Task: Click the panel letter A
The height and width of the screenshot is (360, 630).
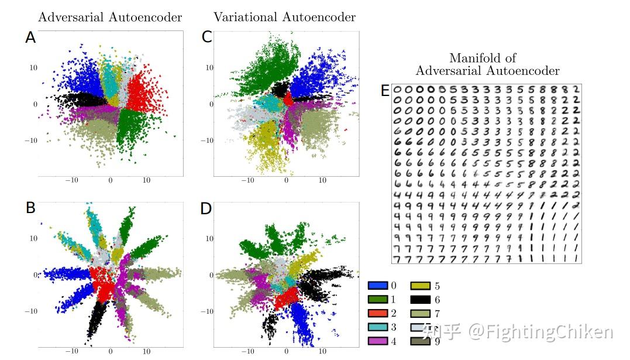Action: click(31, 38)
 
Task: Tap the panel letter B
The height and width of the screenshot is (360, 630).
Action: click(31, 208)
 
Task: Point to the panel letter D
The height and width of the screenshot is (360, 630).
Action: click(206, 208)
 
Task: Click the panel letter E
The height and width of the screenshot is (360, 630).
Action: click(385, 91)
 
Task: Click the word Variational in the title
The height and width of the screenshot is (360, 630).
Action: click(245, 17)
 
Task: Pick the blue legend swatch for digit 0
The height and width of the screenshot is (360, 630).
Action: click(377, 286)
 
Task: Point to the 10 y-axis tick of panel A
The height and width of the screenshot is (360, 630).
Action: click(34, 68)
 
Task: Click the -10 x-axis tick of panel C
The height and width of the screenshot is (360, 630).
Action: click(247, 181)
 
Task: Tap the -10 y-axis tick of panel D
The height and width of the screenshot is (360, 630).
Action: click(208, 311)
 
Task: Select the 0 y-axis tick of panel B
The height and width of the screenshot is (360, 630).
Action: click(35, 275)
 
